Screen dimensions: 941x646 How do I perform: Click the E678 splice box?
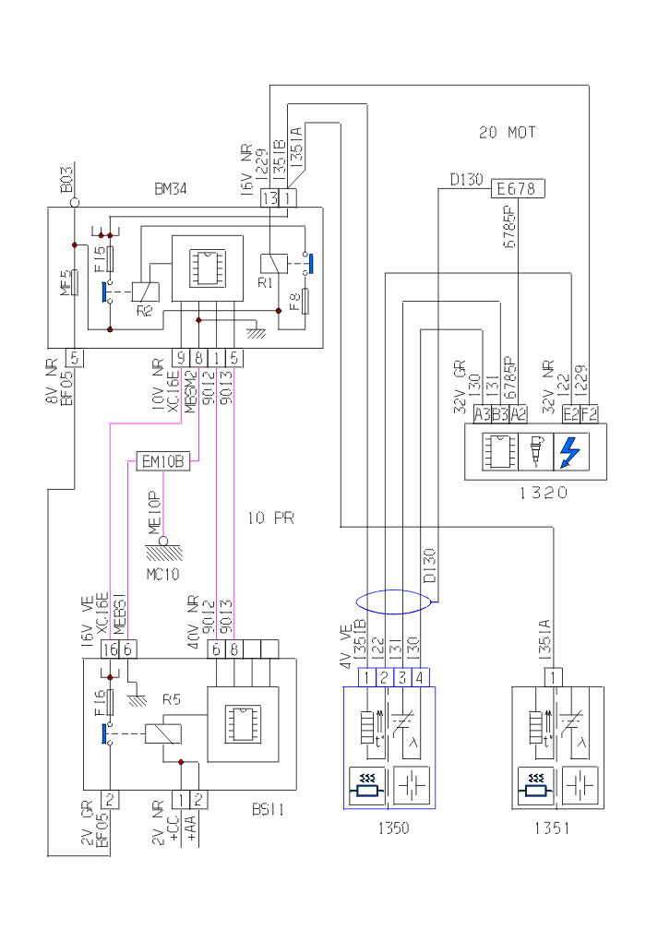pyautogui.click(x=519, y=189)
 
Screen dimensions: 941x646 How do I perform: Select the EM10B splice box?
pyautogui.click(x=162, y=460)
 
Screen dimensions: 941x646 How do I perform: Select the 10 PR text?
pyautogui.click(x=270, y=518)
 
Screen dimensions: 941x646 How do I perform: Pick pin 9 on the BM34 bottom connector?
pyautogui.click(x=182, y=357)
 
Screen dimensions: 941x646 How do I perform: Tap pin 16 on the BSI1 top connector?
pyautogui.click(x=110, y=649)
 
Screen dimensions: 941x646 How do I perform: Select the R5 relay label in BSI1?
pyautogui.click(x=171, y=700)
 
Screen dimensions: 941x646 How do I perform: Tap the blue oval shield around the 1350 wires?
pyautogui.click(x=394, y=602)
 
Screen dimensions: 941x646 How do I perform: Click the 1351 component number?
pyautogui.click(x=551, y=828)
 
